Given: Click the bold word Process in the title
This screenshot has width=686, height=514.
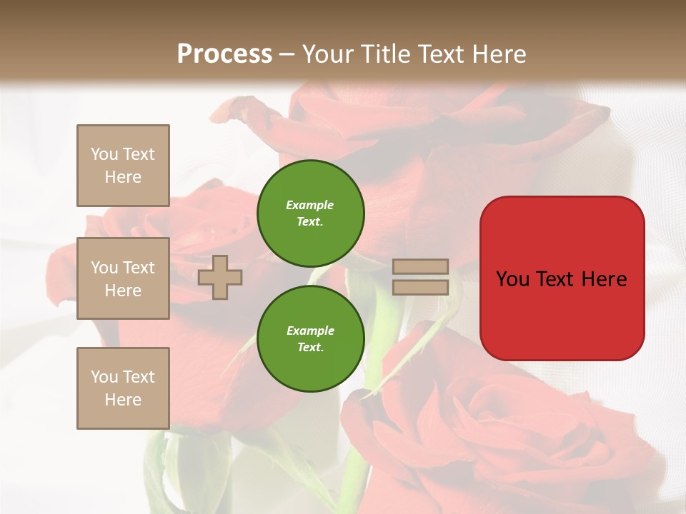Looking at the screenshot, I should pos(224,54).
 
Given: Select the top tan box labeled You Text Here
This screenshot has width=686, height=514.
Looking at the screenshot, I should pos(123,166).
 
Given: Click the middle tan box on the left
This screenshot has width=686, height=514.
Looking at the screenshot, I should pos(123,278).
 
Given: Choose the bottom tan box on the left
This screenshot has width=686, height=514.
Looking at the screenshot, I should pos(123,388).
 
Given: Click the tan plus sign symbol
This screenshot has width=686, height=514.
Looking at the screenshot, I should pos(220,277).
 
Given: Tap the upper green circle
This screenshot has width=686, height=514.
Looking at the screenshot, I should pos(311,213).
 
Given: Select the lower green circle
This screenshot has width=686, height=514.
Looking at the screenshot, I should pos(311,339).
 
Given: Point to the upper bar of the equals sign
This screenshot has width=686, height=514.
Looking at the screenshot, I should pos(421,266).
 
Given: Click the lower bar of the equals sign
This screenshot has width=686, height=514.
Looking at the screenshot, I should pos(421,287).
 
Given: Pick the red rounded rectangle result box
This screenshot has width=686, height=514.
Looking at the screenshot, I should pos(562,278).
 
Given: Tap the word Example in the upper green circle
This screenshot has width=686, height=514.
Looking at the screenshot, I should pos(310,205).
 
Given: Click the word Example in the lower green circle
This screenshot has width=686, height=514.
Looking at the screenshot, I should pos(310,331).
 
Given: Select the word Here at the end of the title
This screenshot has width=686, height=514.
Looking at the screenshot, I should pos(499,54).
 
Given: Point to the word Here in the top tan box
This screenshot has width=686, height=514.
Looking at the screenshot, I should pos(123,177).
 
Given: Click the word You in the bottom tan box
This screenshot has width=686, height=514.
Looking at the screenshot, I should pos(104,376).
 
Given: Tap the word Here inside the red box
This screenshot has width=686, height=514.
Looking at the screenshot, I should pos(605,279).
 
